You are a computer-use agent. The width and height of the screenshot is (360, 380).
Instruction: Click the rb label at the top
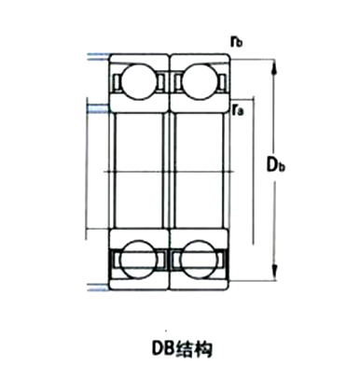236,41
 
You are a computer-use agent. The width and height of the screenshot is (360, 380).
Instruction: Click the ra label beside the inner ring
238,109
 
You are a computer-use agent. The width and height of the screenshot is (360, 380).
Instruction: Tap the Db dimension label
276,164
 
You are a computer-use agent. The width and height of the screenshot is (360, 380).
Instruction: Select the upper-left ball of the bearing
139,82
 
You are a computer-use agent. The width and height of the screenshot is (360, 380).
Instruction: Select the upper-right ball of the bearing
200,82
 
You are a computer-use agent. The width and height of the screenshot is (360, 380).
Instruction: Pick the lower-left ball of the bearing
139,259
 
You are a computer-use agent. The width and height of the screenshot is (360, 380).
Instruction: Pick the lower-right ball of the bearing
200,259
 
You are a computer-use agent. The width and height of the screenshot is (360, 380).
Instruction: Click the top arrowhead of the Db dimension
274,66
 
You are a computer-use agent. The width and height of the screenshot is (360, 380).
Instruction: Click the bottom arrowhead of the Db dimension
274,273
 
